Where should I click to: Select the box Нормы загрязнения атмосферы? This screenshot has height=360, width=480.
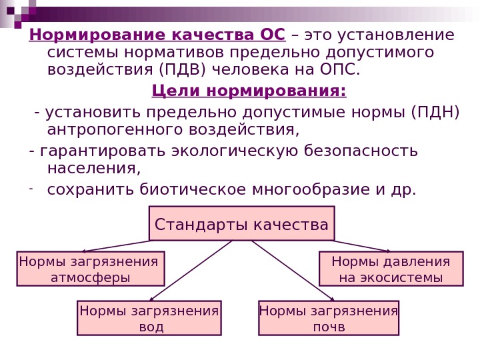tap(90, 269)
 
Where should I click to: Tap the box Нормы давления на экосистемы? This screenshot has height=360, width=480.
tap(391, 269)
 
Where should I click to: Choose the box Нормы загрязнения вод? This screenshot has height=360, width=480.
tap(149, 318)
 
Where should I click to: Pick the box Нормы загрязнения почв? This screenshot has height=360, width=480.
tap(328, 318)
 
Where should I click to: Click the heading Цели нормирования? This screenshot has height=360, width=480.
tap(249, 90)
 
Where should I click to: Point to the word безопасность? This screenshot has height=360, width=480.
tap(361, 151)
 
